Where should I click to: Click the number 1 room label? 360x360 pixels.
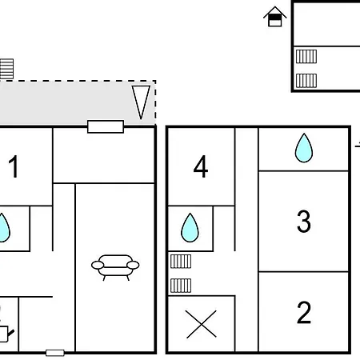pos(14,166)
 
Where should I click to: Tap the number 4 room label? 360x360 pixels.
pos(201,166)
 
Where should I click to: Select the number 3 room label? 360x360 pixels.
pos(304,221)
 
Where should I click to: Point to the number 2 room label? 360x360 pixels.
pos(304,312)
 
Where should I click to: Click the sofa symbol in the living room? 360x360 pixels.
pos(115,267)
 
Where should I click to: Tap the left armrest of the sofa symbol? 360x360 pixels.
pos(98,265)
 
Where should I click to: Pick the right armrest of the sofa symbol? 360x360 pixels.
pos(133,265)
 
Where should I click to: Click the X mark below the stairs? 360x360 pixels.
pos(201,324)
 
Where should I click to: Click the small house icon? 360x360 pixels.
pos(275,17)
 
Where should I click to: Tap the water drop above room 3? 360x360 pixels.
pos(304,148)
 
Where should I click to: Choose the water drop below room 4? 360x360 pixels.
pos(190,227)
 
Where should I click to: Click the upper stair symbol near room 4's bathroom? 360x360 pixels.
pos(181,262)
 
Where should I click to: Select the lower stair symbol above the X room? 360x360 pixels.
pos(181,286)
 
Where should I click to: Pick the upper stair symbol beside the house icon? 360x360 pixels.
pos(306,57)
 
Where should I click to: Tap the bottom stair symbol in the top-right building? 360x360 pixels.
pos(306,81)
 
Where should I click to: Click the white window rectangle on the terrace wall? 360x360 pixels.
pos(106,126)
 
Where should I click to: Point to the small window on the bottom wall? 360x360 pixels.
pos(55,353)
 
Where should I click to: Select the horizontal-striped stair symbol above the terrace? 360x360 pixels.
pos(6,69)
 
